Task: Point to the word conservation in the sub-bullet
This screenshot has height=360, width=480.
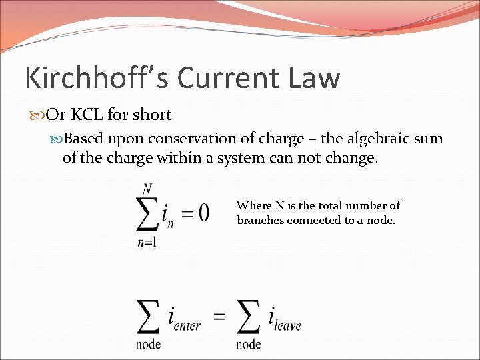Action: coord(189,139)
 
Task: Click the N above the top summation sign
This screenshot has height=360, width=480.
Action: coord(147,189)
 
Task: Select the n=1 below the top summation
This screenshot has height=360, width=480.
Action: coord(147,243)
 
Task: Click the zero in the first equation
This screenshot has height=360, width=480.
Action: coord(203,213)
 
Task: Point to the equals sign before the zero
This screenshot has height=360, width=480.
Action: coord(186,214)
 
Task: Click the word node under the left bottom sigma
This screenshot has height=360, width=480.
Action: coord(148,344)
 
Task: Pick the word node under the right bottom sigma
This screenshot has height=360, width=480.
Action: coord(248,344)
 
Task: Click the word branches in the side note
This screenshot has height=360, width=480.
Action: coord(260,220)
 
